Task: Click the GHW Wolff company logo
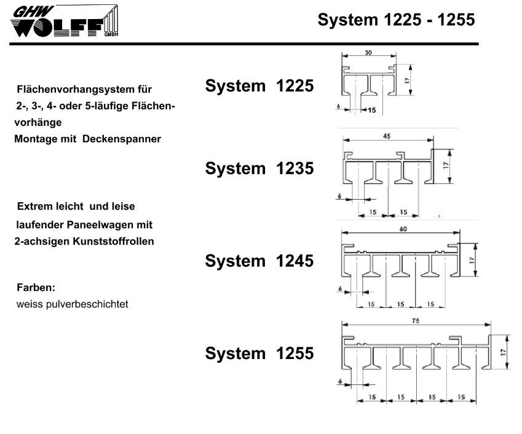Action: coord(65,21)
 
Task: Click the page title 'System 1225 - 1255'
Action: coord(396,20)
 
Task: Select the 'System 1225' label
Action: coord(259,86)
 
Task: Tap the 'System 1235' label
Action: coord(259,168)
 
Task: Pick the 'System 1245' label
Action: coord(259,261)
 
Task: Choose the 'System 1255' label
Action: coord(259,353)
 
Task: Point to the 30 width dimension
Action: coord(368,53)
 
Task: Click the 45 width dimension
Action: coord(387,136)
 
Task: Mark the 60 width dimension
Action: coord(403,229)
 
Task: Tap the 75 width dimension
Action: coord(416,321)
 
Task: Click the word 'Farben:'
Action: coord(36,287)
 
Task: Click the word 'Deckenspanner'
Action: coord(122,139)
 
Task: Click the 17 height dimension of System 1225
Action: coord(407,80)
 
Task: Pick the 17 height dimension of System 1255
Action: coord(503,352)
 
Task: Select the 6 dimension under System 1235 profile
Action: coord(339,196)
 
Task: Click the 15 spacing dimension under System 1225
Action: coord(371,110)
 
